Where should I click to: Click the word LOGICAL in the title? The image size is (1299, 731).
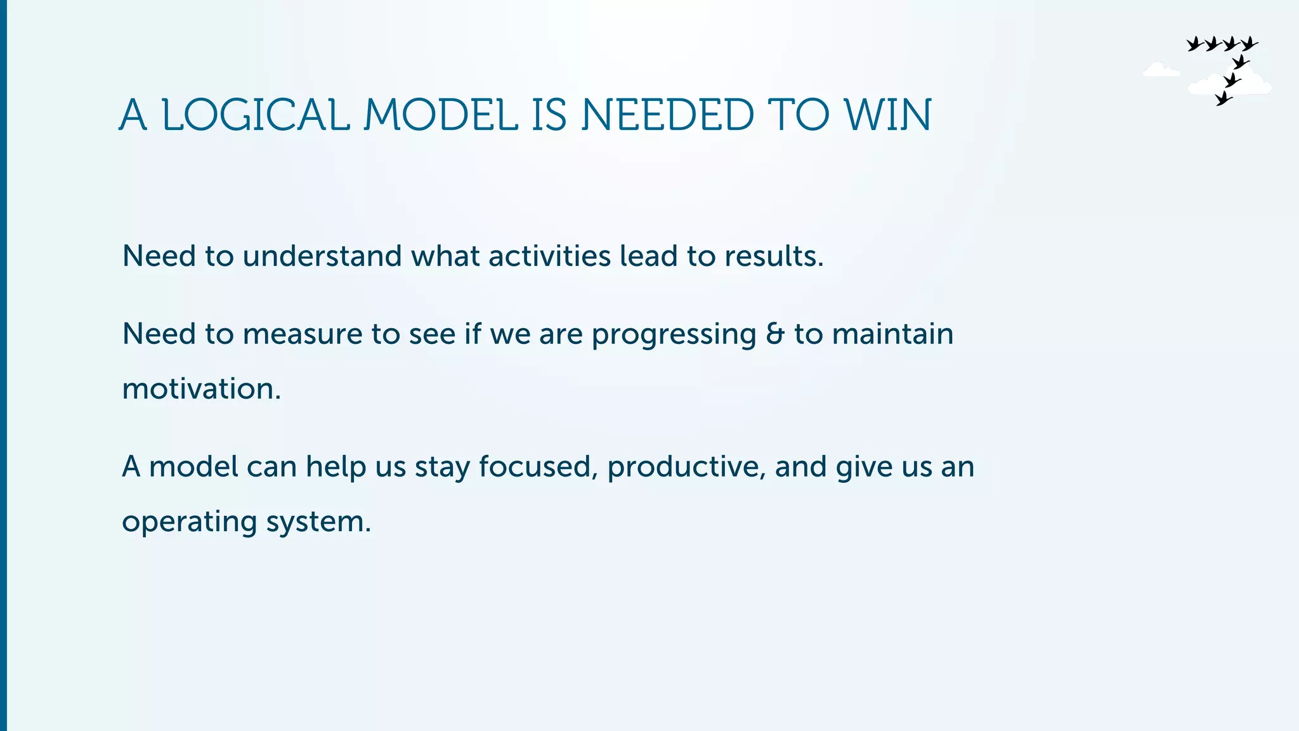click(x=256, y=115)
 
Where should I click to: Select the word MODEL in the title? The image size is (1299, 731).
click(x=441, y=115)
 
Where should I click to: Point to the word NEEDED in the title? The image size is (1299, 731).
click(x=667, y=115)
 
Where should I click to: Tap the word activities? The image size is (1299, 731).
click(x=549, y=256)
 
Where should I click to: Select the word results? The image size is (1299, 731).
click(x=773, y=256)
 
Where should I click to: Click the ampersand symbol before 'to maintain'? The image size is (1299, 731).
click(x=774, y=334)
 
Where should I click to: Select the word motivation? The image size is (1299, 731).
click(x=201, y=389)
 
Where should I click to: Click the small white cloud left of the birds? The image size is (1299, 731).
click(x=1160, y=70)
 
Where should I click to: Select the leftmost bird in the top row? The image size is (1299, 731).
click(x=1195, y=44)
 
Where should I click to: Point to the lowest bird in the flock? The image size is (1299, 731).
click(x=1224, y=98)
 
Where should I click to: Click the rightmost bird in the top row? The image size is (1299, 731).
click(x=1249, y=44)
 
